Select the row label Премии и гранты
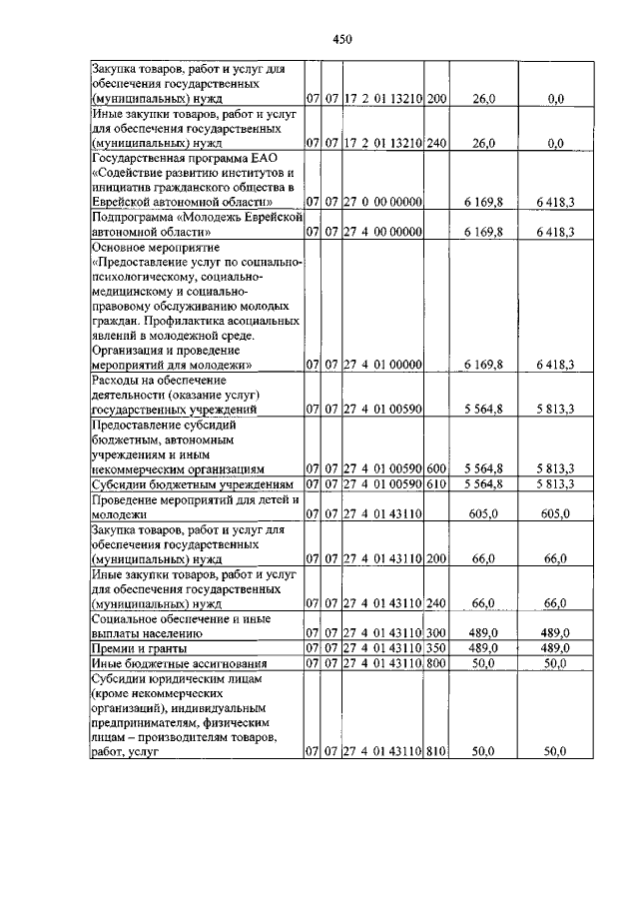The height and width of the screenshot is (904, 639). (x=132, y=648)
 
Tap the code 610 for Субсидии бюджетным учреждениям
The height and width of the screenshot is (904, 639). (x=436, y=484)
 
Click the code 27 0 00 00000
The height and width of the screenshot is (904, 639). (x=383, y=202)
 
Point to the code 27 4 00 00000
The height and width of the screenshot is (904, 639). (x=383, y=232)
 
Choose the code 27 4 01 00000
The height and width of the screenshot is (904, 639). (x=383, y=365)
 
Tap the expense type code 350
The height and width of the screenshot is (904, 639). (x=436, y=648)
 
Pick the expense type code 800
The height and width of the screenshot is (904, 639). (x=436, y=663)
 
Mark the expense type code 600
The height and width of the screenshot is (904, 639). (x=436, y=468)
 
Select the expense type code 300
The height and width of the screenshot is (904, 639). (x=436, y=633)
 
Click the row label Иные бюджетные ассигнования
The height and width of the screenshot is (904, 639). (x=166, y=663)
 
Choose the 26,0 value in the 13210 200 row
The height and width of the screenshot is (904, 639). (x=483, y=99)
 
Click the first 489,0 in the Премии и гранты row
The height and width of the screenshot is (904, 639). (x=483, y=648)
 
